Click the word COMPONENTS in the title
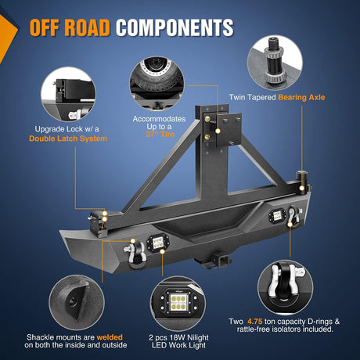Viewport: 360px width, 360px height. coord(175,27)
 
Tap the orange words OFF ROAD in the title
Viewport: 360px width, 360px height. coord(70,27)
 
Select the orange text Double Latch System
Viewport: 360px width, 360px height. coord(68,139)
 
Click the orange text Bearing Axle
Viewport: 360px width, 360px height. coord(301,97)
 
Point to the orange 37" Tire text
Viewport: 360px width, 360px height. coord(160,135)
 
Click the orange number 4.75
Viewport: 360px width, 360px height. coord(255,322)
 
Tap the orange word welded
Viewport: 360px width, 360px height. coord(110,337)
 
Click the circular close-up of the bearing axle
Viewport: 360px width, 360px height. coord(275,63)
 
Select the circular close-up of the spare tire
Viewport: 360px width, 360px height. coord(157,84)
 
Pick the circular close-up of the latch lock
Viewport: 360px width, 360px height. coord(68,94)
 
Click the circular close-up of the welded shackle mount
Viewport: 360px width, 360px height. coord(77,303)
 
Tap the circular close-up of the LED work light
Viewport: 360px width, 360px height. coord(178,304)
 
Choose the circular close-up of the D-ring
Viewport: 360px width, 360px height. coord(285,288)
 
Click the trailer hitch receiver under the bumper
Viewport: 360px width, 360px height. coord(218,260)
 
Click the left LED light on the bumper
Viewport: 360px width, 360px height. coord(157,243)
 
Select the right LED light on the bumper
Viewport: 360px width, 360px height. coord(276,216)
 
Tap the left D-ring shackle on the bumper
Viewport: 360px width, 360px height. coord(135,254)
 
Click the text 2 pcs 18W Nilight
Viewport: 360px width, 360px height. coord(178,337)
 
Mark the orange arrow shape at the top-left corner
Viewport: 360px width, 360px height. coord(7,38)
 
